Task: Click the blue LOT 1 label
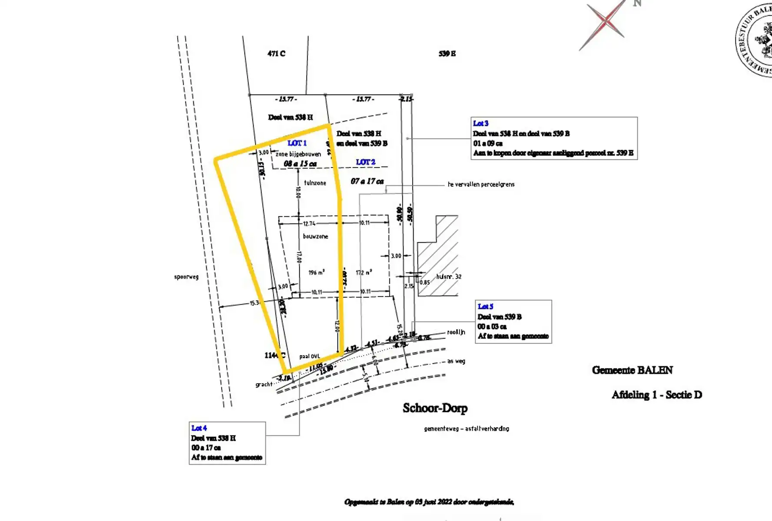[x=297, y=143]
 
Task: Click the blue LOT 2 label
[x=365, y=162]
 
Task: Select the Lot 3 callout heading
[x=480, y=123]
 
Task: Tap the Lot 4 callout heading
[x=199, y=428]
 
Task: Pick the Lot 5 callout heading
[x=485, y=307]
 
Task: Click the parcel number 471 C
[x=276, y=53]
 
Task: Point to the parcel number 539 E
[x=447, y=53]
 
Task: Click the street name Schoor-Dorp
[x=435, y=408]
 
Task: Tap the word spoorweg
[x=186, y=277]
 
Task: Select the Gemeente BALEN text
[x=632, y=370]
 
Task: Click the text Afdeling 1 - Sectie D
[x=656, y=395]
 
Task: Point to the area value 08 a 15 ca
[x=300, y=164]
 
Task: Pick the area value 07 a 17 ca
[x=367, y=181]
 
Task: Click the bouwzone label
[x=315, y=237]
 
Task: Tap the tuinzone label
[x=315, y=183]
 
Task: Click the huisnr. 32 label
[x=449, y=277]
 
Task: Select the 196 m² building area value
[x=316, y=273]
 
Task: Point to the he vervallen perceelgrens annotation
[x=481, y=185]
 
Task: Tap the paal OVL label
[x=309, y=356]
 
